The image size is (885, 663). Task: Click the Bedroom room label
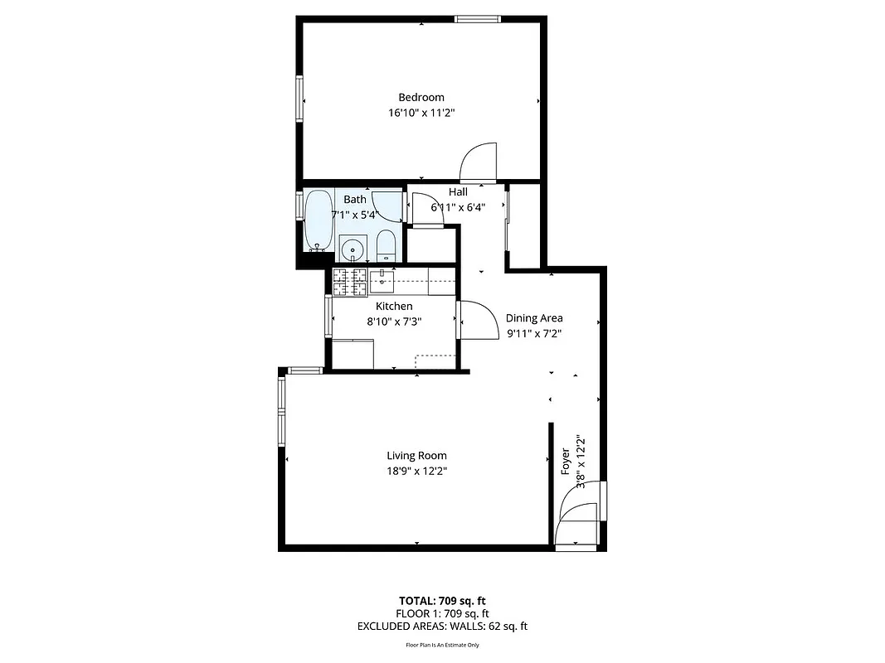[x=421, y=97]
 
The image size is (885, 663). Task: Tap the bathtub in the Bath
[x=317, y=220]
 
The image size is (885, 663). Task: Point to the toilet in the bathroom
[x=386, y=246]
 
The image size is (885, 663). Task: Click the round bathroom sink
[x=353, y=248]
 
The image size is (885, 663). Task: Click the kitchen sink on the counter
[x=382, y=281]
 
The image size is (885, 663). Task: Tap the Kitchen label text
[x=394, y=307]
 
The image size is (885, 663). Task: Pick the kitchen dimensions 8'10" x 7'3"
[x=394, y=322]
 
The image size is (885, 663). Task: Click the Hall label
[x=458, y=192]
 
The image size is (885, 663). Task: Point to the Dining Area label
[x=534, y=318]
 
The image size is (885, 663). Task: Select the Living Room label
[x=416, y=455]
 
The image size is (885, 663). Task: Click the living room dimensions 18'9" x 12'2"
[x=416, y=471]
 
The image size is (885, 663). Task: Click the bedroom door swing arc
[x=479, y=161]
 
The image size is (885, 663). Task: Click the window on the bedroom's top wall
[x=478, y=19]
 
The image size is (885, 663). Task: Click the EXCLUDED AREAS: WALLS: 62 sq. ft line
[x=442, y=627]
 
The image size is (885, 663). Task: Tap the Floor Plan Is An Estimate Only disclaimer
[x=442, y=645]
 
